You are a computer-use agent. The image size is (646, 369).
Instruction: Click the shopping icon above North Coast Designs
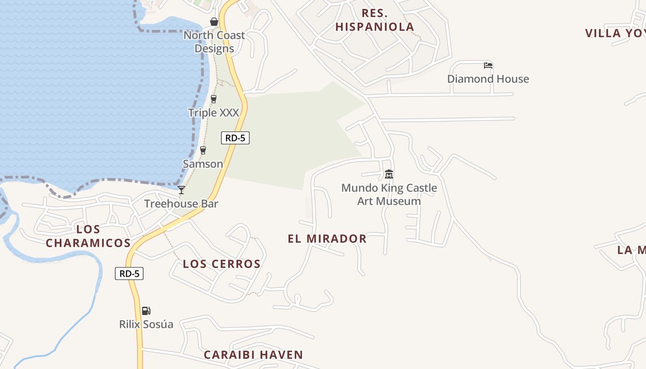[214, 22]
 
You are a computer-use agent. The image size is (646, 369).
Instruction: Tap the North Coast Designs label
[214, 42]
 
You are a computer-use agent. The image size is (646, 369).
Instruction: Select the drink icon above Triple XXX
[214, 99]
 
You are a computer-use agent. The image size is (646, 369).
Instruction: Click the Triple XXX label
[214, 113]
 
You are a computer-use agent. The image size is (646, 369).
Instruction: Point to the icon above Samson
[203, 150]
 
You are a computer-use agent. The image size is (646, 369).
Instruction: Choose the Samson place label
[203, 164]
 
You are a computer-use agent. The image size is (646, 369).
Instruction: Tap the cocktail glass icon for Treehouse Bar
[181, 190]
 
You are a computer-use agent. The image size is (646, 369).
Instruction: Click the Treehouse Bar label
[181, 203]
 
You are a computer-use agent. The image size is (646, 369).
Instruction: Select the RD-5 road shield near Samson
[235, 137]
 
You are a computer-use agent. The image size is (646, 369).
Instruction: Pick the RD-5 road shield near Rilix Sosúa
[129, 274]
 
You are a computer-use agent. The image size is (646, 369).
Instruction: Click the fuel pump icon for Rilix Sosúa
[146, 311]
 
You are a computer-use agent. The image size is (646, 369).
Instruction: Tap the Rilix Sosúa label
[146, 324]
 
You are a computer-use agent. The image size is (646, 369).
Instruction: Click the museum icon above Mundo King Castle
[389, 174]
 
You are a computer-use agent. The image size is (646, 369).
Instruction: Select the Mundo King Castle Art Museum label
[389, 195]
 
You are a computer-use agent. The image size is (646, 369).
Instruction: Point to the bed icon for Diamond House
[488, 65]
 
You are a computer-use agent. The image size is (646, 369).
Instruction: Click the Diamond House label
[488, 79]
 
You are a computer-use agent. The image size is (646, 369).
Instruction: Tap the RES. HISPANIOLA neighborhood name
[375, 20]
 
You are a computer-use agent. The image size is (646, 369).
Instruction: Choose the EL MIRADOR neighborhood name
[327, 238]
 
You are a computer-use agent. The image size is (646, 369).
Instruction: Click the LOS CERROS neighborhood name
[221, 264]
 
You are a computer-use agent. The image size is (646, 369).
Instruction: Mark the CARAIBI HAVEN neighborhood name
[253, 355]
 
